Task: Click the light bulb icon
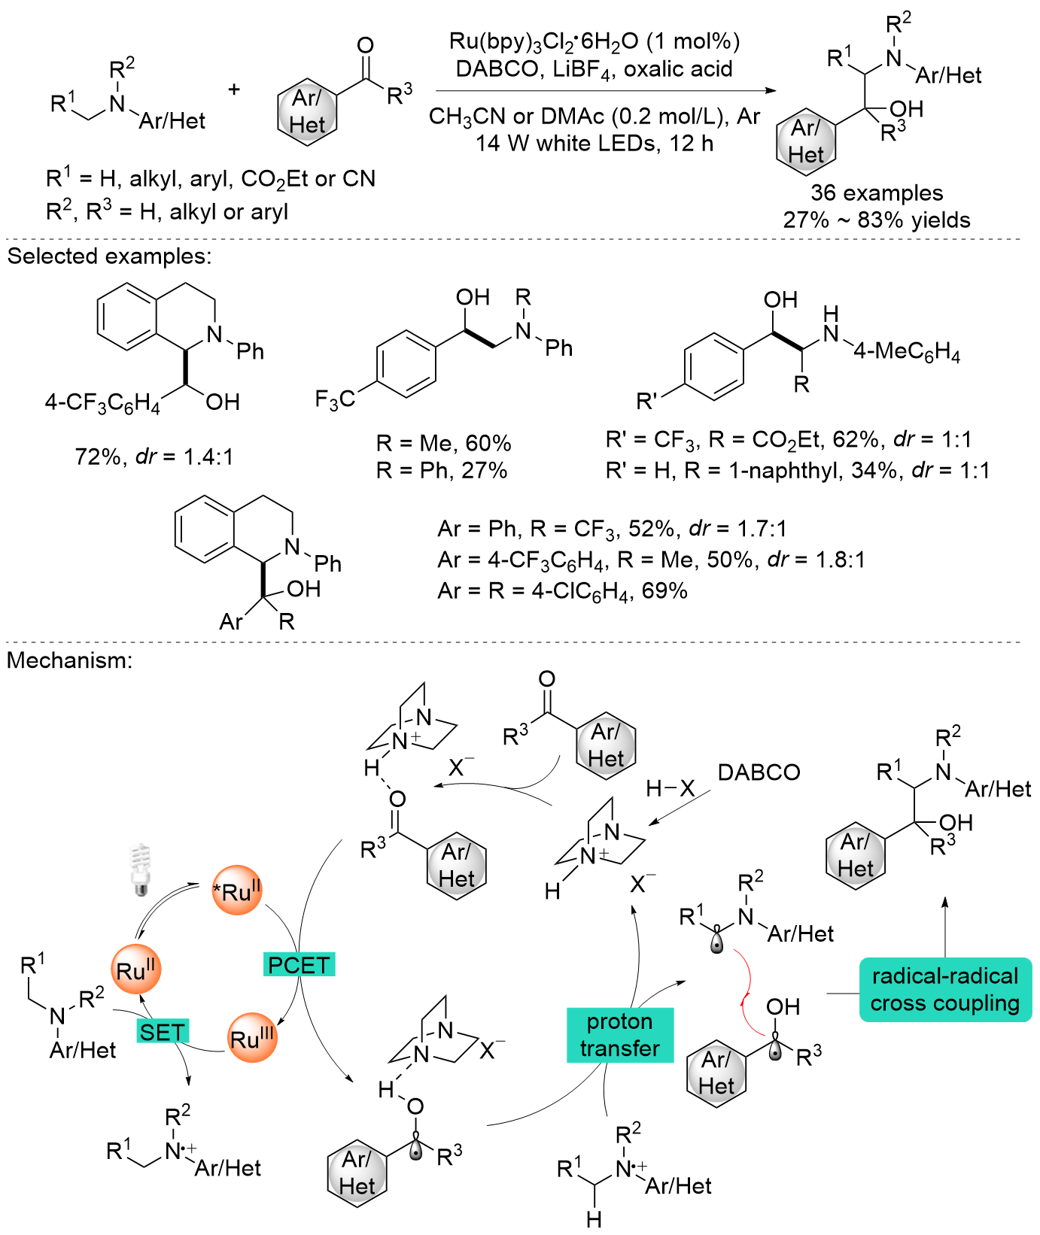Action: tap(139, 869)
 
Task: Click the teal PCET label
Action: tap(299, 964)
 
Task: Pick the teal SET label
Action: tap(162, 1032)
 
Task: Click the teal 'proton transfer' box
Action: tap(619, 1035)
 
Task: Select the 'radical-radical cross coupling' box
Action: tap(945, 990)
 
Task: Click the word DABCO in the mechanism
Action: tap(759, 772)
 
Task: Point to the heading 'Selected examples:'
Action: tap(110, 256)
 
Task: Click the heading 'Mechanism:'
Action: tap(70, 660)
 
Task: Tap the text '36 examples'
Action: tap(877, 193)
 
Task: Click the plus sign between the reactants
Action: tap(234, 90)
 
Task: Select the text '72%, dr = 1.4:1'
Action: tap(154, 457)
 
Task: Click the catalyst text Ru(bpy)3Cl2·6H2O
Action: tap(595, 41)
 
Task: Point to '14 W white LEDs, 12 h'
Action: tap(595, 143)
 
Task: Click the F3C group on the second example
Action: tap(335, 399)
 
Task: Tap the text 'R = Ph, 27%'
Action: tap(442, 471)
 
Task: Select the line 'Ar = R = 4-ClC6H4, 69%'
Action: tap(563, 592)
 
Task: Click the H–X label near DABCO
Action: tap(671, 788)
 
